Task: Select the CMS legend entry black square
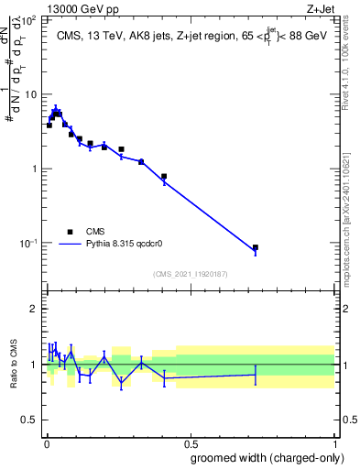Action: coord(71,232)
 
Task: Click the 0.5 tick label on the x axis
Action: coord(191,442)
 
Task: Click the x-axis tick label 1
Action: coord(335,442)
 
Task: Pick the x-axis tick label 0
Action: coord(47,442)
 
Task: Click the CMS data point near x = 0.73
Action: coord(256,247)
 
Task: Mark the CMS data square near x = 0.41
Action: coord(164,177)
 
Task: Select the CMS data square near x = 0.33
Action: coord(141,161)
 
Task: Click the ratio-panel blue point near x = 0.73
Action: coord(256,375)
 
